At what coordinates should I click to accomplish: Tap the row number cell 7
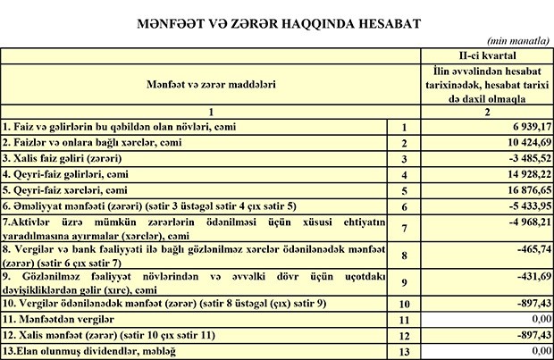[x=404, y=227]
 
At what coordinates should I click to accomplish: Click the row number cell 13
[x=404, y=351]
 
